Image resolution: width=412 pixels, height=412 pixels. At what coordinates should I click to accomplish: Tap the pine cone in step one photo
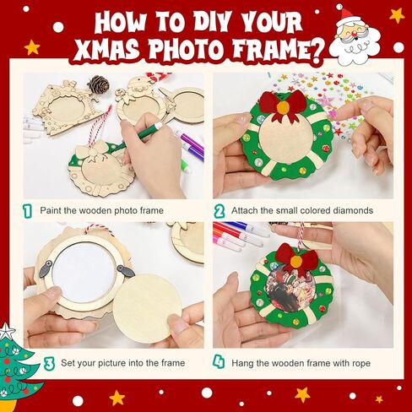click(x=99, y=84)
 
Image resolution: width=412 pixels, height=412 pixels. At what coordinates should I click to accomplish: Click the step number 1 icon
click(x=27, y=211)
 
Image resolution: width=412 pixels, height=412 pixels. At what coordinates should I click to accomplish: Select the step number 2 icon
click(x=220, y=211)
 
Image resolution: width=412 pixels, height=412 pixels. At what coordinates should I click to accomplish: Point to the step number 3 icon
click(x=49, y=363)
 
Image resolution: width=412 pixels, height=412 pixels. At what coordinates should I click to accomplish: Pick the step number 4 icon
click(x=219, y=361)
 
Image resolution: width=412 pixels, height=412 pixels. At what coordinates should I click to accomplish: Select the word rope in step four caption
click(x=361, y=364)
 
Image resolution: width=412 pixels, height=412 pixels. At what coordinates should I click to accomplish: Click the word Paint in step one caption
click(x=51, y=210)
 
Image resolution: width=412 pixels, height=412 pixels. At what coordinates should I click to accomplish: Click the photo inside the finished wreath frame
click(x=291, y=290)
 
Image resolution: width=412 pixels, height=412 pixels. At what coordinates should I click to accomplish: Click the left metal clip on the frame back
click(x=46, y=268)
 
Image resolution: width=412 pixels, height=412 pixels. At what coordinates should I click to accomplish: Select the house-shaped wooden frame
click(x=66, y=106)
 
